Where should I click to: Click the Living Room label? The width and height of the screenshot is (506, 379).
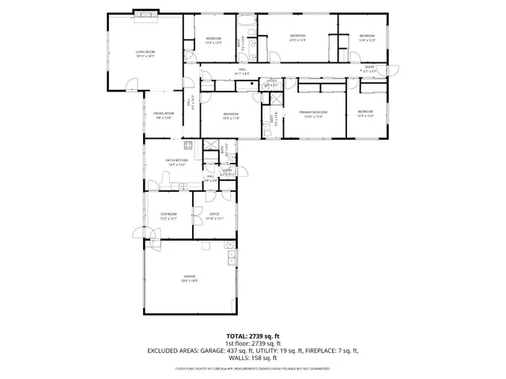[145, 54]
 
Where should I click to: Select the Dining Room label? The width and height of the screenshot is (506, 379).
[164, 115]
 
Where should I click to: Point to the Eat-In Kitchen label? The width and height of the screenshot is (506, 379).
[175, 163]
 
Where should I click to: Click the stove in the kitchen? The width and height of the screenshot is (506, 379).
[189, 144]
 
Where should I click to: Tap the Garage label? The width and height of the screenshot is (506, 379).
[190, 278]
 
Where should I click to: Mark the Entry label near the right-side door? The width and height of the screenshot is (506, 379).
[369, 69]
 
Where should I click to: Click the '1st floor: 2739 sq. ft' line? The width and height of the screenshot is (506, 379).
[253, 343]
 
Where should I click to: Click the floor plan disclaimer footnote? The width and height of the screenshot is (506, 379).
[253, 369]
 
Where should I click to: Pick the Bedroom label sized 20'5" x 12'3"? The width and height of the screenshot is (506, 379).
[297, 38]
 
